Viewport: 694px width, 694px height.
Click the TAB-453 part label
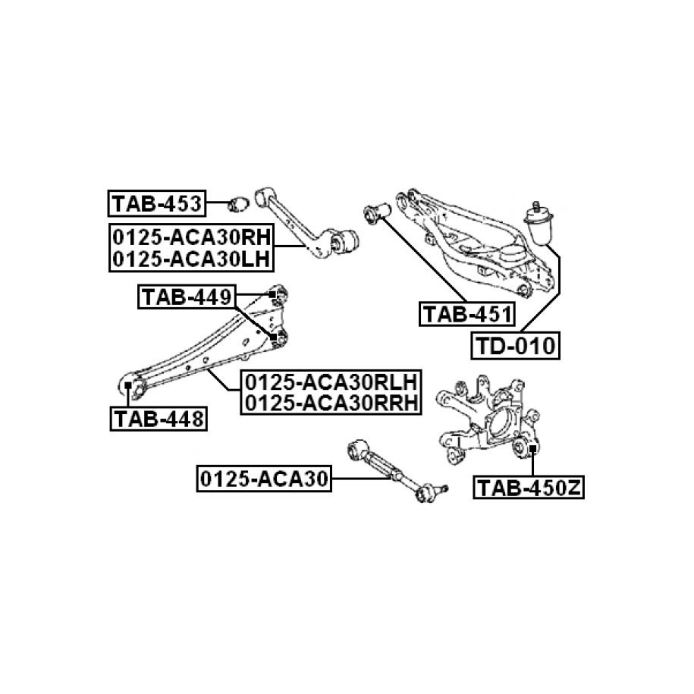(x=156, y=203)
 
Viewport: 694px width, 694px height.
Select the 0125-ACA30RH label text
(x=190, y=236)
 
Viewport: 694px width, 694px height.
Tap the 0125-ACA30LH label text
(x=190, y=259)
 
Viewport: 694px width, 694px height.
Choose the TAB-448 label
(x=159, y=418)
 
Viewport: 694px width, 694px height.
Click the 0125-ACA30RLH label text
(x=330, y=381)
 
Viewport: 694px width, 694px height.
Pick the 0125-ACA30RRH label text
(x=330, y=403)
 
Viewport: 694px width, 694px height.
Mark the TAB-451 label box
(x=466, y=313)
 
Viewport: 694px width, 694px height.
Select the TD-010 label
(x=516, y=346)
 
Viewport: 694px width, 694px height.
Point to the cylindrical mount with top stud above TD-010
(x=542, y=225)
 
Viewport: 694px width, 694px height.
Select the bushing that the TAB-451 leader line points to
(x=376, y=212)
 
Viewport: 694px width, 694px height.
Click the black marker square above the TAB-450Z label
(x=533, y=450)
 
